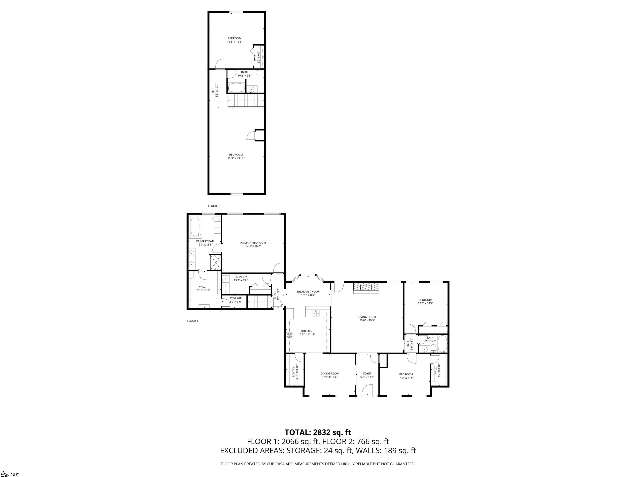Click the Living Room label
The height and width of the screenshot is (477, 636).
pos(367,317)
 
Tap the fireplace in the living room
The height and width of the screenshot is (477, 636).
pos(366,288)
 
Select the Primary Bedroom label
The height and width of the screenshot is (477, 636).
pos(253,243)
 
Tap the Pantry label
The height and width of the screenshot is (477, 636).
pos(294,372)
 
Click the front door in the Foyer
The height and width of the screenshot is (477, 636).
pos(367,391)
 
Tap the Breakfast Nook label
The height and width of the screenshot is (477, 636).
pos(308,291)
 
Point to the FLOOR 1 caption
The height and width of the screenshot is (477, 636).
pos(193,320)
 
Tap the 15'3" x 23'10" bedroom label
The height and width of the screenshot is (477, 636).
pos(236,158)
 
